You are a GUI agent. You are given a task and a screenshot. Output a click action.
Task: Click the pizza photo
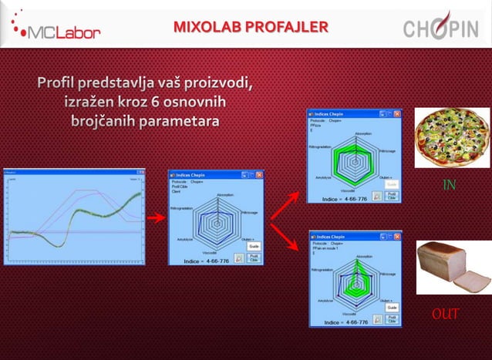point(451,138)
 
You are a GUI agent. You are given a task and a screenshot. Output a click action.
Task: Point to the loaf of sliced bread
point(451,267)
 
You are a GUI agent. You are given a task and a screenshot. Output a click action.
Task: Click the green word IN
point(449,185)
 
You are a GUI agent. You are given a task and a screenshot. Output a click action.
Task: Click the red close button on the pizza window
point(397,114)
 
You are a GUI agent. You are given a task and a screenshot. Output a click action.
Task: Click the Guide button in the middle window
point(254,245)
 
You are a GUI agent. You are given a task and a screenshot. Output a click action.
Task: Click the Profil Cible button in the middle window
point(254,258)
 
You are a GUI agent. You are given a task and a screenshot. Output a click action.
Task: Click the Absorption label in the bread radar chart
point(362,260)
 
